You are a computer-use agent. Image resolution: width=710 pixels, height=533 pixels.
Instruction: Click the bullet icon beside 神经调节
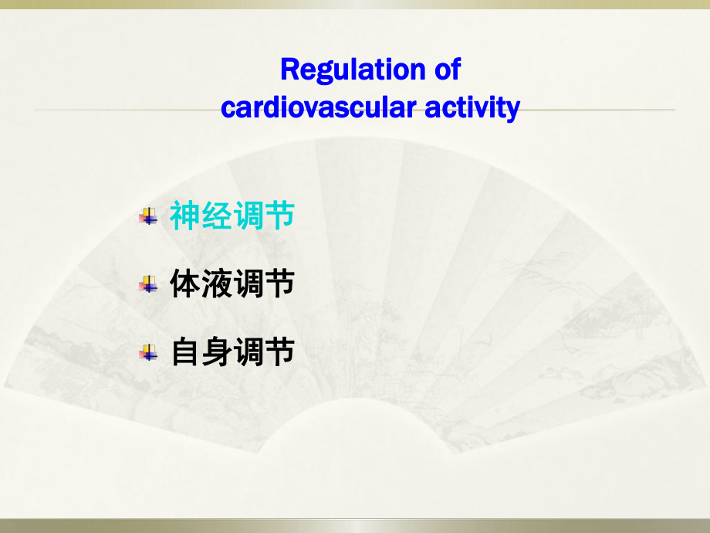(147, 217)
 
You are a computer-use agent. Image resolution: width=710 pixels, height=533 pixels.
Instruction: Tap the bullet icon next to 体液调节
(147, 286)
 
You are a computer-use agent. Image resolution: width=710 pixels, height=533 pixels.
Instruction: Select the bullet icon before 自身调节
(147, 354)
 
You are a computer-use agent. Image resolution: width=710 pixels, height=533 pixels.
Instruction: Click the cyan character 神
(185, 216)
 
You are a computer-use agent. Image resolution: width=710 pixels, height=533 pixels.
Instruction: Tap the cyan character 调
(248, 216)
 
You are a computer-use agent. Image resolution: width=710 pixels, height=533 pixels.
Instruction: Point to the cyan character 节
(279, 216)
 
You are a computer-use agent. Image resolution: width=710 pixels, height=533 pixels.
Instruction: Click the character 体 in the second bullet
(185, 285)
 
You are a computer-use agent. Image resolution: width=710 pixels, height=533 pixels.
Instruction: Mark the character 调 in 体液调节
(248, 285)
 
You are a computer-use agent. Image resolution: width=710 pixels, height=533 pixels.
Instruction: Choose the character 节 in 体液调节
(279, 285)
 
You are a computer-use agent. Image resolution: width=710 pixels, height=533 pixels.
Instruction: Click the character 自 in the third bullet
(185, 353)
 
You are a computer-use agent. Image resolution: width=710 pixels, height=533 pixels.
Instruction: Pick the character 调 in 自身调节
(248, 353)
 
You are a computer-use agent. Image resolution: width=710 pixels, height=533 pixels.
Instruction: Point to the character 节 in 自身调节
(279, 353)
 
